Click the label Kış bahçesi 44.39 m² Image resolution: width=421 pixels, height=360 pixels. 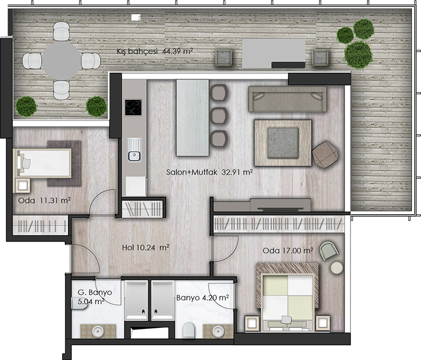coord(155,51)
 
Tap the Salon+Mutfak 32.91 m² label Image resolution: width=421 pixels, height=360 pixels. coord(209,172)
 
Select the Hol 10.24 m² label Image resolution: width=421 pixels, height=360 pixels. coord(146,247)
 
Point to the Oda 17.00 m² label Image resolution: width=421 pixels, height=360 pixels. coord(287,251)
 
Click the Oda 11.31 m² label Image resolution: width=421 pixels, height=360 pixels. coord(44,201)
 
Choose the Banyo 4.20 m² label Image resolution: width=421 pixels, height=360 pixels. coord(203,298)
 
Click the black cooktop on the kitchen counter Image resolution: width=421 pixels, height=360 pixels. coord(133,107)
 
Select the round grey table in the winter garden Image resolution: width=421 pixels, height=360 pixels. coord(62,61)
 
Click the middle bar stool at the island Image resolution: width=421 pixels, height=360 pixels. coord(219,116)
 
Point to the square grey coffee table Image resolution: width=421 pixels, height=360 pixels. coord(283,143)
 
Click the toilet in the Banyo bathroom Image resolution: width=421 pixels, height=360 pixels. coord(188,329)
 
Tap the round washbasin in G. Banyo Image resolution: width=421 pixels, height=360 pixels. coord(98,331)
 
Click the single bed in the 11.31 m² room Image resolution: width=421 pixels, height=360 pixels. coord(43,163)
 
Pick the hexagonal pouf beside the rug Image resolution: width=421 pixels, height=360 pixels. coord(325,154)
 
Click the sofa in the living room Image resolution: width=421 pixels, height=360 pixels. coord(287,99)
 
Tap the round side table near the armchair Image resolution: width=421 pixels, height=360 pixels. coord(337,268)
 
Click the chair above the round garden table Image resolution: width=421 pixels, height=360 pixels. coord(62,31)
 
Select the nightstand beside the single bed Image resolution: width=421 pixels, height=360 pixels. coord(23,185)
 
